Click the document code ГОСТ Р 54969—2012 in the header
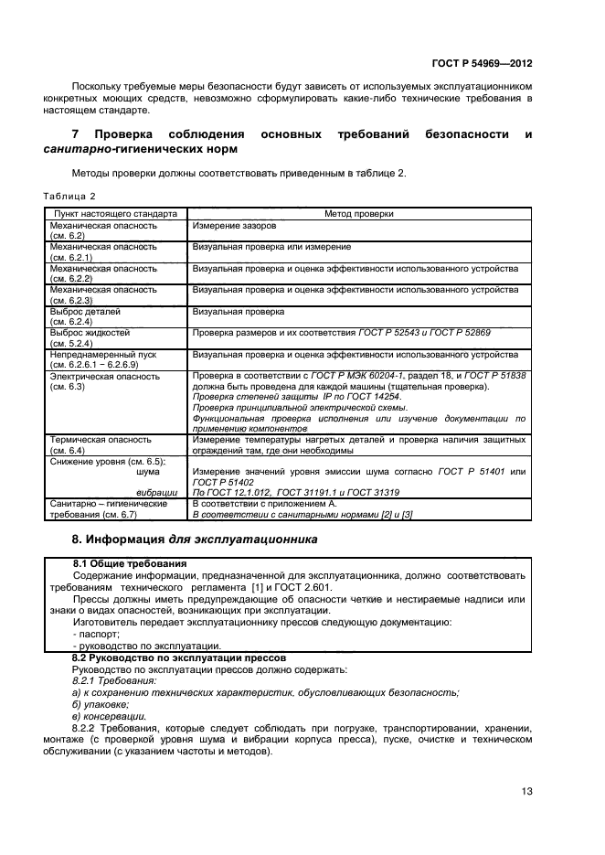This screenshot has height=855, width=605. pyautogui.click(x=483, y=65)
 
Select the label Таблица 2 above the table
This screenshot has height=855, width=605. pyautogui.click(x=69, y=196)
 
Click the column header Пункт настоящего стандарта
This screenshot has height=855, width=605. pyautogui.click(x=114, y=213)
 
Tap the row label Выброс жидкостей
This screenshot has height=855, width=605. pyautogui.click(x=90, y=333)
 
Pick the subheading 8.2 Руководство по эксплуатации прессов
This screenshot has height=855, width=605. pyautogui.click(x=180, y=657)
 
